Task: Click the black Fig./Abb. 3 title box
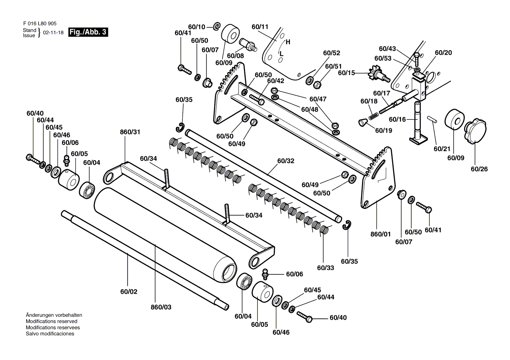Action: (88, 32)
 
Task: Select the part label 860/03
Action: (161, 307)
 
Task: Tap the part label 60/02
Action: (129, 292)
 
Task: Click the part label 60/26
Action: (479, 169)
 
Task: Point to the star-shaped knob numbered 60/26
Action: (476, 131)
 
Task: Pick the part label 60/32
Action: (286, 161)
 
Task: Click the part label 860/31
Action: (130, 132)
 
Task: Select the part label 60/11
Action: (260, 27)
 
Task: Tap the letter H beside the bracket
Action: (288, 42)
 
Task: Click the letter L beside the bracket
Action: (282, 54)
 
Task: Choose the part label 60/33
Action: (326, 268)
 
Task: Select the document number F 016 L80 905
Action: (40, 24)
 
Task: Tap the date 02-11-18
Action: (53, 33)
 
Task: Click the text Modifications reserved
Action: (52, 321)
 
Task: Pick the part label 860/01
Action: (381, 234)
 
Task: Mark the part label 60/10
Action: (196, 27)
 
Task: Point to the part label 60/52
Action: (331, 53)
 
